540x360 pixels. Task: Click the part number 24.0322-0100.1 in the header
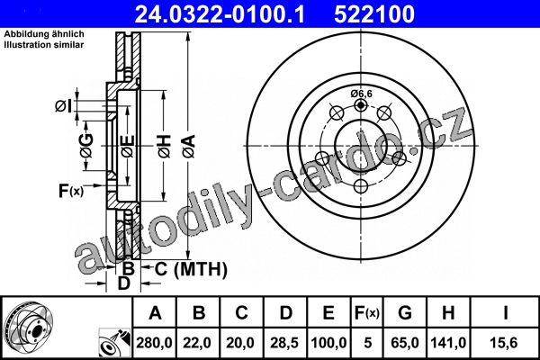pos(220,14)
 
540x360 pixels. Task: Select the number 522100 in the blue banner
pos(374,14)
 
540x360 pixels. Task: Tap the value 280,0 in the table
pos(154,343)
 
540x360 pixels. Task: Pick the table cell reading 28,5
pos(284,343)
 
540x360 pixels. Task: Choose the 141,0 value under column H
pos(448,343)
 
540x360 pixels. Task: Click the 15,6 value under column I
pos(505,343)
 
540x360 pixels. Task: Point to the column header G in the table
pos(405,313)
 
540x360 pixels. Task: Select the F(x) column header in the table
pos(367,313)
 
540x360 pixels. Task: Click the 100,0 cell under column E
pos(328,343)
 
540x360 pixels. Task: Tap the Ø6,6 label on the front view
pos(361,94)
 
